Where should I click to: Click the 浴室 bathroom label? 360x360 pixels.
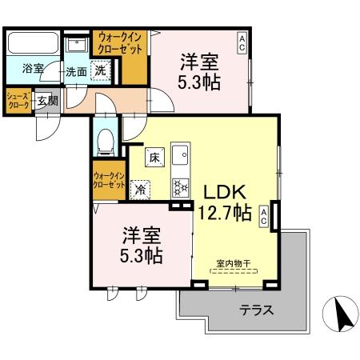[33, 70]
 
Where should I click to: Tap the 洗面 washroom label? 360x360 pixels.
[76, 70]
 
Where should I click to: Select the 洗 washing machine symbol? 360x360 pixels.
[102, 70]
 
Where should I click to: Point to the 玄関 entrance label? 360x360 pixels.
[47, 101]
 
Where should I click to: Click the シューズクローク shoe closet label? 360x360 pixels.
[18, 101]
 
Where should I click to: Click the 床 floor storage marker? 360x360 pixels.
[154, 158]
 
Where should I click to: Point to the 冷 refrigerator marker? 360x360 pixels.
[141, 190]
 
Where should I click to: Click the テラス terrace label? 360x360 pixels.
[258, 310]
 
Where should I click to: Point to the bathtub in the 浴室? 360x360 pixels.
[33, 44]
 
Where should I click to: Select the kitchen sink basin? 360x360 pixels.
[180, 153]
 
